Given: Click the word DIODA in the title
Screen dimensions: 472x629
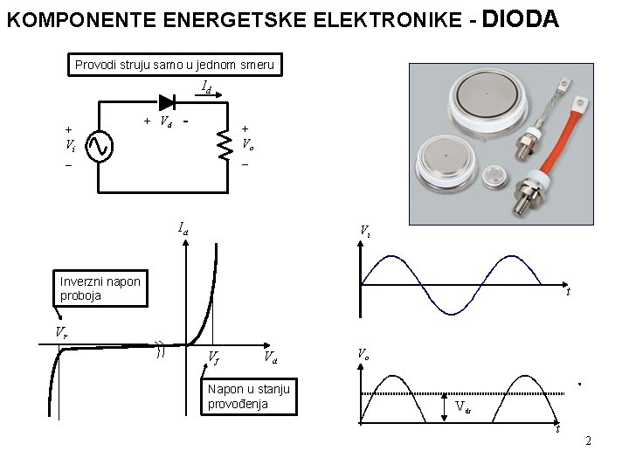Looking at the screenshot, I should (x=520, y=18).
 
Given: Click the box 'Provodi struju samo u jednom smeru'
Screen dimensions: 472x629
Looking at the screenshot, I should (x=175, y=65).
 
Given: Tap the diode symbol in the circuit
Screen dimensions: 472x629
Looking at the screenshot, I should (x=167, y=101).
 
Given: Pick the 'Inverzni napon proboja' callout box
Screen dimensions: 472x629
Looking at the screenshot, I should (x=100, y=288).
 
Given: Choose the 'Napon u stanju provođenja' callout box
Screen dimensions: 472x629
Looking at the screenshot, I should (x=249, y=396).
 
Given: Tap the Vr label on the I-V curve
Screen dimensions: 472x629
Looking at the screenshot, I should (x=60, y=332).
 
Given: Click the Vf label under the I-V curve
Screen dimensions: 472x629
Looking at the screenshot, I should (x=213, y=357).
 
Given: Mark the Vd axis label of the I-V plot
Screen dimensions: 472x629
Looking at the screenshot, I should (x=271, y=357).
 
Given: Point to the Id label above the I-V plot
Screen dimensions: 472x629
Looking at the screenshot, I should (x=183, y=229).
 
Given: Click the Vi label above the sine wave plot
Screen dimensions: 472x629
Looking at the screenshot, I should (x=365, y=231).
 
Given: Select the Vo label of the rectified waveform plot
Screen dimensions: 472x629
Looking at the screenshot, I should (x=363, y=353).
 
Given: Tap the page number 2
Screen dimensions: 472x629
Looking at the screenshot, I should (x=588, y=441).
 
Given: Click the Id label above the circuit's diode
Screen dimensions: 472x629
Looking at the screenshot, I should (x=207, y=87).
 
